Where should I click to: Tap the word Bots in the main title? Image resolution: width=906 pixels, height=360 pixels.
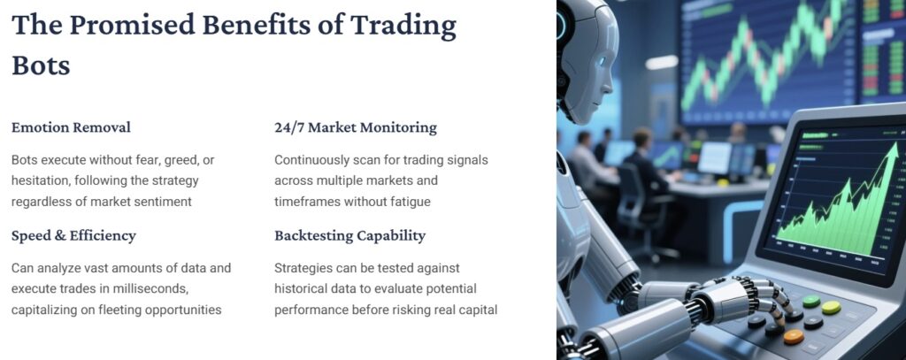click(41, 65)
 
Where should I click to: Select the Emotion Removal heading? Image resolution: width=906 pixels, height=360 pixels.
click(71, 127)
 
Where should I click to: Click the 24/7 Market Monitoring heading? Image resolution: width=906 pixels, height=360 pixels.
click(356, 127)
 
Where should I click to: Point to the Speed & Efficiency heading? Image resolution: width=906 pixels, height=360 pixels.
click(73, 236)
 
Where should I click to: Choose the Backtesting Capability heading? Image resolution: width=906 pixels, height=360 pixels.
click(349, 236)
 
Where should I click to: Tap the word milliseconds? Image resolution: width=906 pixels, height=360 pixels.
click(173, 288)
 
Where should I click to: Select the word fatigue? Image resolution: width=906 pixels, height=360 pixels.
click(406, 202)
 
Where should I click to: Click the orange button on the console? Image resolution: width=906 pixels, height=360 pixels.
click(794, 336)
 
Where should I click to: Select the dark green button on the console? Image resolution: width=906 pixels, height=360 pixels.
click(810, 302)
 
